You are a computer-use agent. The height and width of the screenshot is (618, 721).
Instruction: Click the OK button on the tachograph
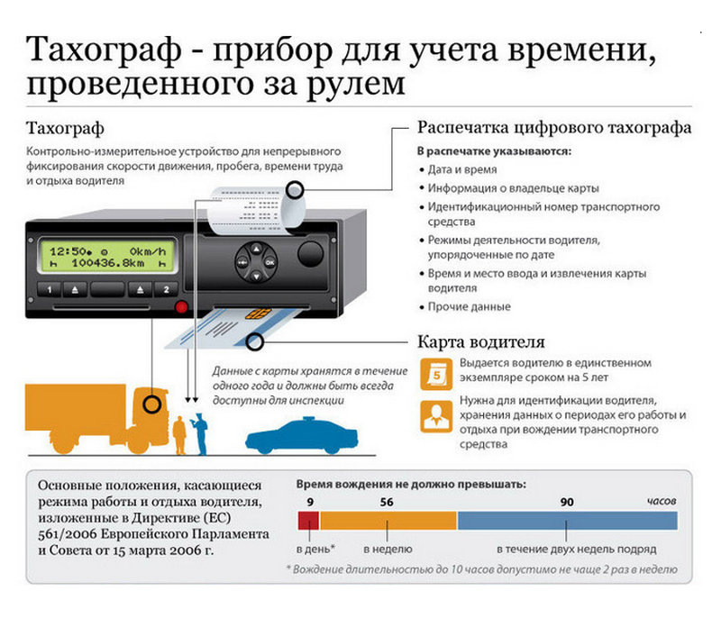269,262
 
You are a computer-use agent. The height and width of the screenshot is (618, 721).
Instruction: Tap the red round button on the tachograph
182,307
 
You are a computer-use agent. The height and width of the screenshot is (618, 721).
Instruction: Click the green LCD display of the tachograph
107,257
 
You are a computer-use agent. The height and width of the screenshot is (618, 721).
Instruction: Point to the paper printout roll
256,209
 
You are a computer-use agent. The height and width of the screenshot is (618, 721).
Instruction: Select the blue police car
302,436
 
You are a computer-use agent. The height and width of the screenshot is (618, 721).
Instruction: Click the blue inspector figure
199,433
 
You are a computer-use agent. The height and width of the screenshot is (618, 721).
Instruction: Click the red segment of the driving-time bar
308,521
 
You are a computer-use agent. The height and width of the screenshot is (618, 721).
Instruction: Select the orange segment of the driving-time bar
388,521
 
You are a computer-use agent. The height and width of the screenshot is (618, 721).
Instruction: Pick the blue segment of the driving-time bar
568,521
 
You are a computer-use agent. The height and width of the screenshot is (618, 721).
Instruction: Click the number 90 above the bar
567,502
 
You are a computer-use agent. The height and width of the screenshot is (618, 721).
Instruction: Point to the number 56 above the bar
387,502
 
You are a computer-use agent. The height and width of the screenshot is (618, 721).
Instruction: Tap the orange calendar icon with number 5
436,375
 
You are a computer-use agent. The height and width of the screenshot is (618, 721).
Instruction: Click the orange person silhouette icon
436,416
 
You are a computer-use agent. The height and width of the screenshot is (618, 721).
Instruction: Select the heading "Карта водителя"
481,341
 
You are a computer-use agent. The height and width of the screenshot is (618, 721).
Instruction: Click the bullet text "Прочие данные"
469,306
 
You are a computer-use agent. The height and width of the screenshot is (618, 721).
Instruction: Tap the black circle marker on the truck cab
152,404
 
